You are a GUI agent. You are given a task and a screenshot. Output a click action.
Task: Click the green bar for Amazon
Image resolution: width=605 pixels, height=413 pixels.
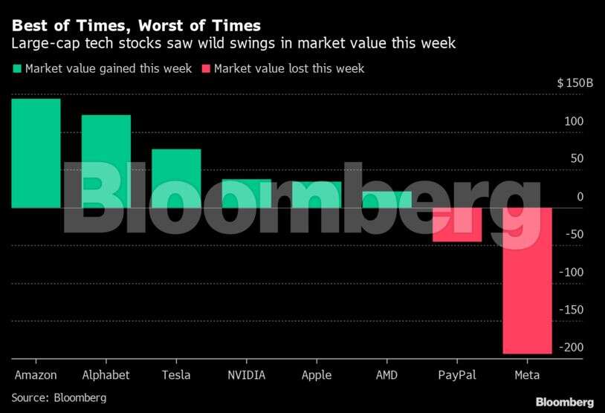tap(36, 153)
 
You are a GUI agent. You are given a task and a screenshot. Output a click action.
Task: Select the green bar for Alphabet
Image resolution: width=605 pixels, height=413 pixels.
tap(106, 161)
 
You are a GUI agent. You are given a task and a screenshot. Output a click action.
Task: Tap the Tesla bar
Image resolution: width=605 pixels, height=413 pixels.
tap(176, 178)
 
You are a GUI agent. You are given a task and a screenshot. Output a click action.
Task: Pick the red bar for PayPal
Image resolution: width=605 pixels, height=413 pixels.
tap(457, 224)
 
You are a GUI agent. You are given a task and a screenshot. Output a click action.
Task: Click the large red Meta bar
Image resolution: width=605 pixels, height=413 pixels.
tap(527, 281)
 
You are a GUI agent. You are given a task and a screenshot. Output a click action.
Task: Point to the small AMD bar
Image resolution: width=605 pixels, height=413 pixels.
tap(386, 199)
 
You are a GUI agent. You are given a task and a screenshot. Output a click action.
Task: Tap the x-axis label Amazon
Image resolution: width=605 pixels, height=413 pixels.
tap(36, 375)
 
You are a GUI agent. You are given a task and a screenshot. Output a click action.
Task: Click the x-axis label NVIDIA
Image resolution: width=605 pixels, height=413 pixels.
tap(246, 375)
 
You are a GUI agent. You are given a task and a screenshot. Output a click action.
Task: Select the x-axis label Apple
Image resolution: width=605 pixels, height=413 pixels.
tap(317, 375)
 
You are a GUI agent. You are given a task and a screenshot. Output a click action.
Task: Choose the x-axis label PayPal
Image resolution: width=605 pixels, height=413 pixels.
tap(457, 375)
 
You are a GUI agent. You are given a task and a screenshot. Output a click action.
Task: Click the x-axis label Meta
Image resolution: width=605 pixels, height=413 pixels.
tap(527, 375)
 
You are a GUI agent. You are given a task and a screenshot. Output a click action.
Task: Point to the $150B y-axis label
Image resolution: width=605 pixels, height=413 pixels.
tap(575, 82)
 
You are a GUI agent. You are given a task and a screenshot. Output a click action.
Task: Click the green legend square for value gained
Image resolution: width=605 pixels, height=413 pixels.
tap(16, 69)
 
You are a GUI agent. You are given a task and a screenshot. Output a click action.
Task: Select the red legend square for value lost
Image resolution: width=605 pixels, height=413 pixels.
tap(206, 69)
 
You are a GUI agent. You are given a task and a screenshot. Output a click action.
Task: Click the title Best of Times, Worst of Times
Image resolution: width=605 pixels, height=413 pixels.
tap(135, 25)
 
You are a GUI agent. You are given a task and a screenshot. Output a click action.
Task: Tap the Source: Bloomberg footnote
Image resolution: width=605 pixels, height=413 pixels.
tap(59, 398)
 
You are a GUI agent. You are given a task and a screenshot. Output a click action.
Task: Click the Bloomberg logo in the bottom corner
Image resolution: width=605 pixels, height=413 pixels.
tap(564, 402)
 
